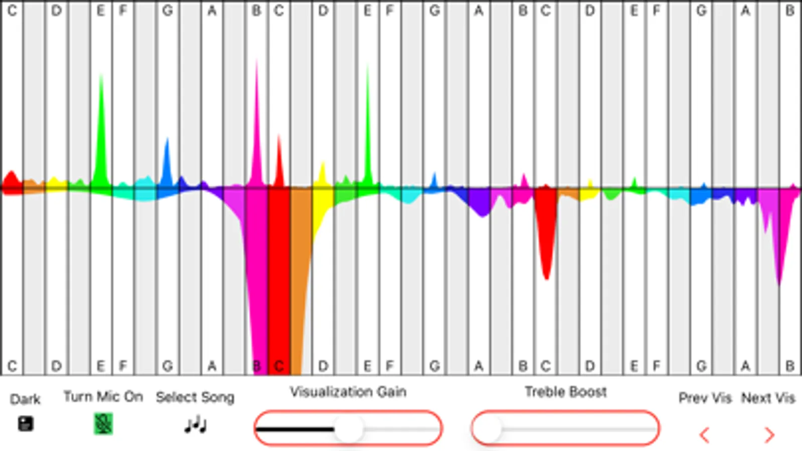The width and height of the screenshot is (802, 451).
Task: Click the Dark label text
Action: click(25, 399)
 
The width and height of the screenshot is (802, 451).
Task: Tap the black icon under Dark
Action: click(26, 424)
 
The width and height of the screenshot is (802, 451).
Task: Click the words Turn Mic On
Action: click(103, 396)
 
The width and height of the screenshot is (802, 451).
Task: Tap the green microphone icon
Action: click(103, 424)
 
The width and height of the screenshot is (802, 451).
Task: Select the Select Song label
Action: click(195, 397)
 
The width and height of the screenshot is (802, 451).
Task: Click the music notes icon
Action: click(195, 425)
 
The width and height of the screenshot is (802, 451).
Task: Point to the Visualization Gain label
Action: click(348, 391)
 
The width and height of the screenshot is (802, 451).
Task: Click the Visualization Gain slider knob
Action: click(348, 428)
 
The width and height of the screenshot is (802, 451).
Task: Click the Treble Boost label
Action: click(565, 391)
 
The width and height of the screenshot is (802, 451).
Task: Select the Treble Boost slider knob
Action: click(488, 428)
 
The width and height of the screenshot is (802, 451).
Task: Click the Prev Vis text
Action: click(705, 398)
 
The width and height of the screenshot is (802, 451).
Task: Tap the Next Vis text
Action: click(768, 398)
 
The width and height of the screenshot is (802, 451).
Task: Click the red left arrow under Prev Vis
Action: click(705, 434)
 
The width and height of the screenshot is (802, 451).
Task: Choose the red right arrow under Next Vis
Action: click(769, 434)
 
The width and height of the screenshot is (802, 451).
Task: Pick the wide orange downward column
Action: click(301, 276)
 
